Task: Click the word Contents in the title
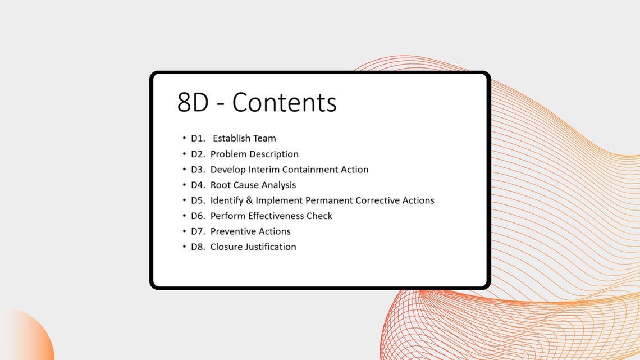[284, 102]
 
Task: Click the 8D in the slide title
[193, 102]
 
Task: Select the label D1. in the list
[198, 138]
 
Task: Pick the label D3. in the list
[199, 170]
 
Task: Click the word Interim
[264, 170]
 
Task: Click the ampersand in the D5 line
[249, 200]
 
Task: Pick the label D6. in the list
[199, 216]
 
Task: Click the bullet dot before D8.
[184, 247]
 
